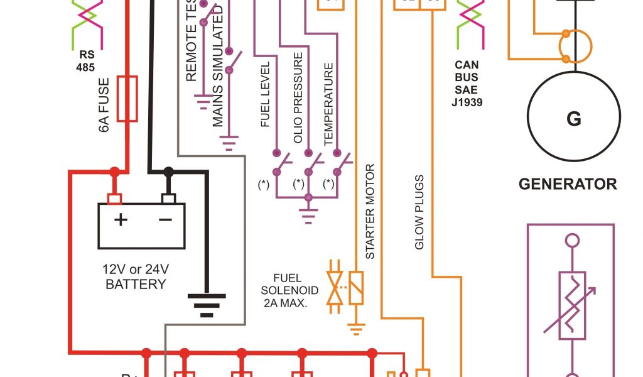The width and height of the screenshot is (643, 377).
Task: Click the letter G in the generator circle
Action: (573, 119)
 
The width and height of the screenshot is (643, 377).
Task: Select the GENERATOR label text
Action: (568, 184)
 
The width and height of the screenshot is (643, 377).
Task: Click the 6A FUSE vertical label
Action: (104, 104)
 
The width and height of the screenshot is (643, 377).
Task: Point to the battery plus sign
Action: (120, 220)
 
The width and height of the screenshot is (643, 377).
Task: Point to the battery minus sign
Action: (165, 220)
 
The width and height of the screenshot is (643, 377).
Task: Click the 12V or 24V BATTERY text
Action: (136, 276)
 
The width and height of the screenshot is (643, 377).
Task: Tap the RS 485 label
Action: (85, 60)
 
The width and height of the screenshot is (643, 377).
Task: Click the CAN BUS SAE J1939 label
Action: (467, 83)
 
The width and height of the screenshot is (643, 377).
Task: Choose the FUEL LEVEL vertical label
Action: (265, 94)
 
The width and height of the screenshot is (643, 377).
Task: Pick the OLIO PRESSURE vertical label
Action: (298, 97)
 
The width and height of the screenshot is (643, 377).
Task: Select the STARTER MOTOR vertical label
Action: (370, 211)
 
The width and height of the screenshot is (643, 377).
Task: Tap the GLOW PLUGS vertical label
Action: (419, 212)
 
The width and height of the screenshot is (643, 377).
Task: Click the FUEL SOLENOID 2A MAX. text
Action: (289, 290)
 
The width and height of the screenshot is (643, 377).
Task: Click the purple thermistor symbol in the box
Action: (571, 305)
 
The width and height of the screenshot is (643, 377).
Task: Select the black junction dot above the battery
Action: (168, 172)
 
